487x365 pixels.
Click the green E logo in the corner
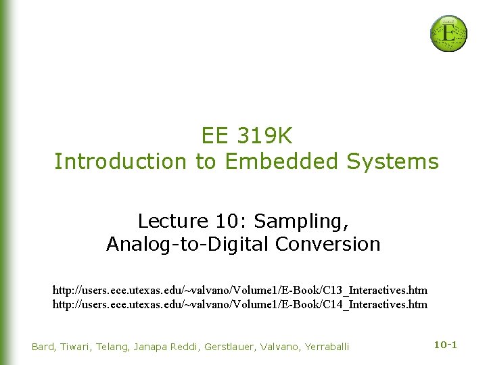448,33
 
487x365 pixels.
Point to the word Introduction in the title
120,162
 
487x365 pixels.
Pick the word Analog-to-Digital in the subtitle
179,243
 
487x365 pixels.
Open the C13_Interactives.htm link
240,290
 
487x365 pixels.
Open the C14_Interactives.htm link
240,305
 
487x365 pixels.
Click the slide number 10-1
445,345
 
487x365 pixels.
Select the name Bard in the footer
44,347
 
